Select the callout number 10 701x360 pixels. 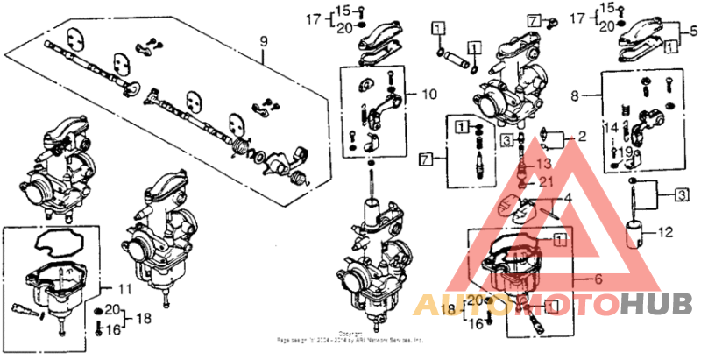[428, 95]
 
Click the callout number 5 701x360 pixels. [693, 32]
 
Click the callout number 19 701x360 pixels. [626, 152]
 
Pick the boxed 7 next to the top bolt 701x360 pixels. [531, 18]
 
